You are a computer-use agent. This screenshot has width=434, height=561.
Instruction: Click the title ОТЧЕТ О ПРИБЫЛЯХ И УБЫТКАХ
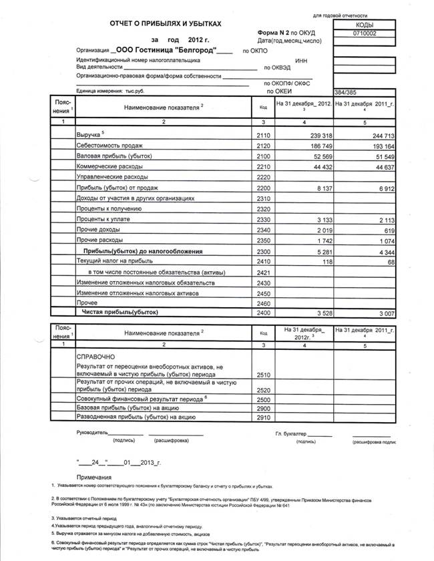tap(165, 24)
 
